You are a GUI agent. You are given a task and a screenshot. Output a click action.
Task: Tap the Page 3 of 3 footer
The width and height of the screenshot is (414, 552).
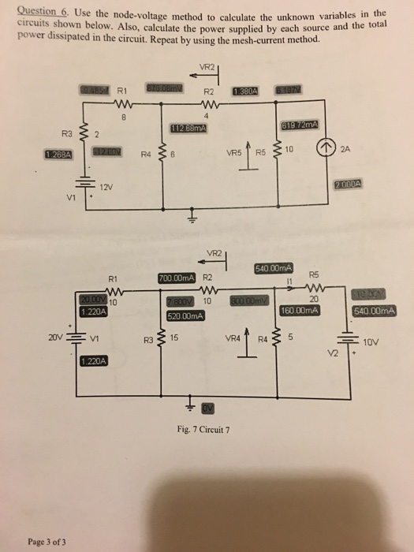47,542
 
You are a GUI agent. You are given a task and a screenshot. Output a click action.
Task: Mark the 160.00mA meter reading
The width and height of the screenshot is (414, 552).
300,311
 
